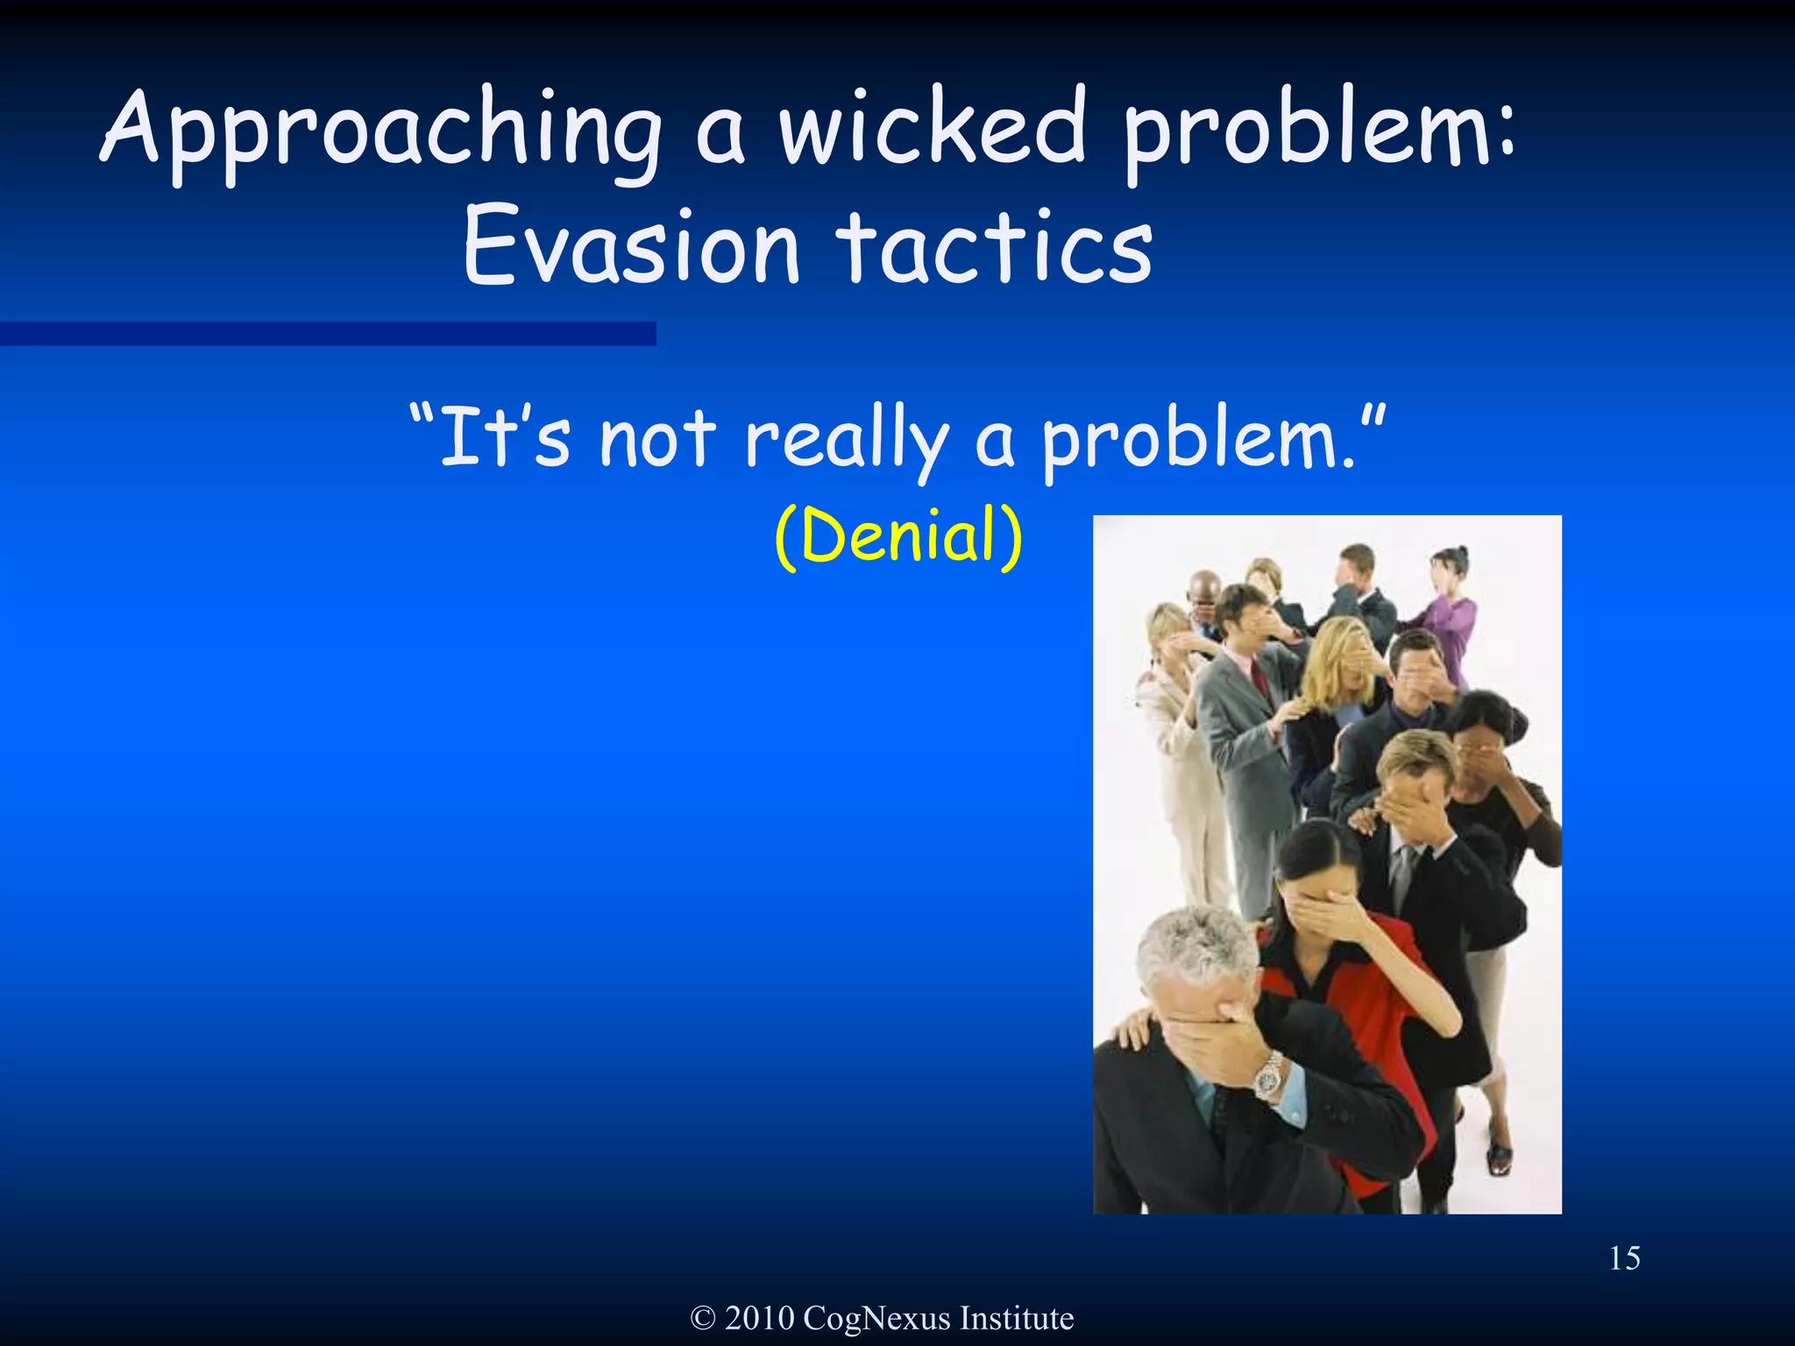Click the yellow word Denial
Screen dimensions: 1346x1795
pos(899,535)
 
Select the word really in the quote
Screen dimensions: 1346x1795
pos(847,439)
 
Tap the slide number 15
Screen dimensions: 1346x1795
pos(1624,1258)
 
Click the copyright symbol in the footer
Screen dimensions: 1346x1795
pos(703,1318)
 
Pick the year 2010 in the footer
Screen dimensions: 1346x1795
pos(759,1318)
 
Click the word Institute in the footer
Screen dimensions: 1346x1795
pos(1017,1318)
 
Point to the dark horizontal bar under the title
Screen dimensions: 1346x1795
pos(328,333)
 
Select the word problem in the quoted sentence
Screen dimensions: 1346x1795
pos(1201,439)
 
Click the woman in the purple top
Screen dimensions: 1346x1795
pos(1451,613)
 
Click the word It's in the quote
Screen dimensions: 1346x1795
pos(504,437)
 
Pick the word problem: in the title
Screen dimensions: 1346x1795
pos(1319,131)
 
